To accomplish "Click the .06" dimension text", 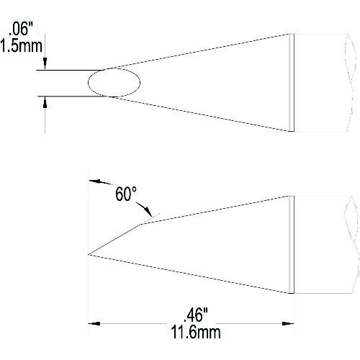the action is [x=21, y=30].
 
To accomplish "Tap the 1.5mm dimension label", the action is [x=21, y=45].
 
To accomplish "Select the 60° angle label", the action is [x=126, y=194].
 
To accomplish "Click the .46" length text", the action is [x=196, y=315].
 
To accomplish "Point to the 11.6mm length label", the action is [x=196, y=332].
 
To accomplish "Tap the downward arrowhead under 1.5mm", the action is [x=45, y=63].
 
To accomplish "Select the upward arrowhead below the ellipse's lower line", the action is [x=45, y=103].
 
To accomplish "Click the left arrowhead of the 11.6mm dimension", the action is [x=94, y=323].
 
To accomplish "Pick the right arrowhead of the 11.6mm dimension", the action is [x=288, y=323].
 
